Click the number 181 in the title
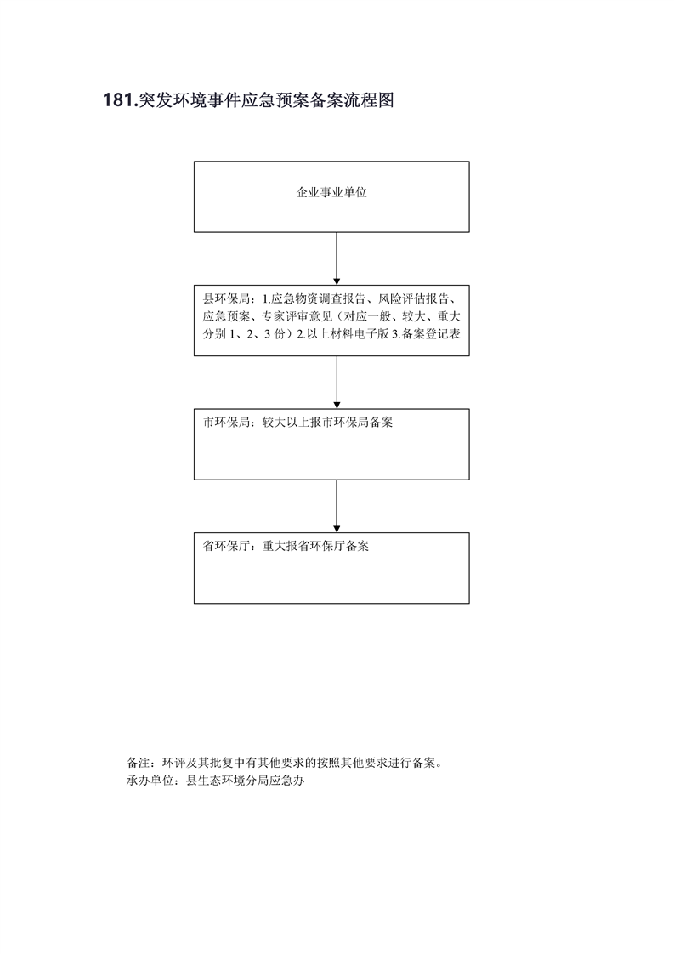point(117,100)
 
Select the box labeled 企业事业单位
point(331,196)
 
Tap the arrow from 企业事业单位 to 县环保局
point(337,258)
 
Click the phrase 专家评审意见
point(297,316)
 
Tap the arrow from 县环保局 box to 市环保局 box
point(337,382)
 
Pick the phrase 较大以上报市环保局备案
point(327,423)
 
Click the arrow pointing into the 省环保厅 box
point(337,506)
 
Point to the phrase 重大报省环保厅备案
point(315,546)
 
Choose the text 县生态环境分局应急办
point(245,780)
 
